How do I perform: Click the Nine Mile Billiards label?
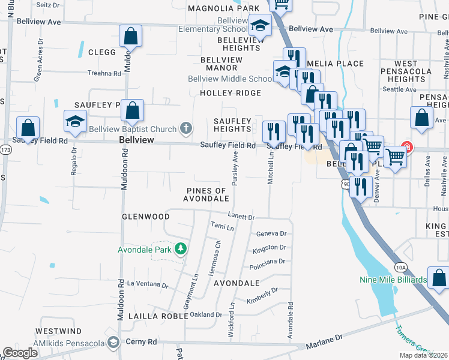(393, 279)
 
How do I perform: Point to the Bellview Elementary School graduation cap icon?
(260, 26)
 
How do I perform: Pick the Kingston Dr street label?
(270, 247)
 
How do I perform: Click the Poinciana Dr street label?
(270, 262)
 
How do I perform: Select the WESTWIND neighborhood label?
(58, 331)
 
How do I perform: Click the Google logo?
(20, 353)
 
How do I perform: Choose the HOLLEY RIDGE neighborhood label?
(231, 93)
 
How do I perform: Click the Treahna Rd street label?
(104, 73)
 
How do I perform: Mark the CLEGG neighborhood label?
(102, 52)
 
